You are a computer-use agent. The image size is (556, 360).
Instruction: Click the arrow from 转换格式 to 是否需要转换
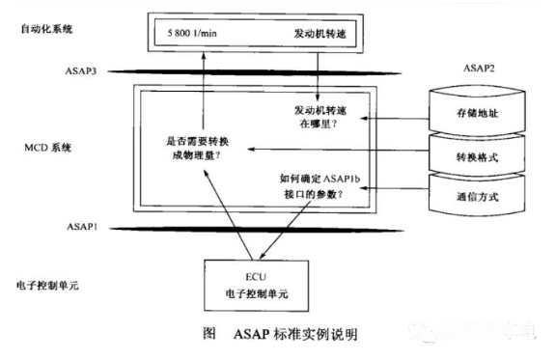pos(338,149)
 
